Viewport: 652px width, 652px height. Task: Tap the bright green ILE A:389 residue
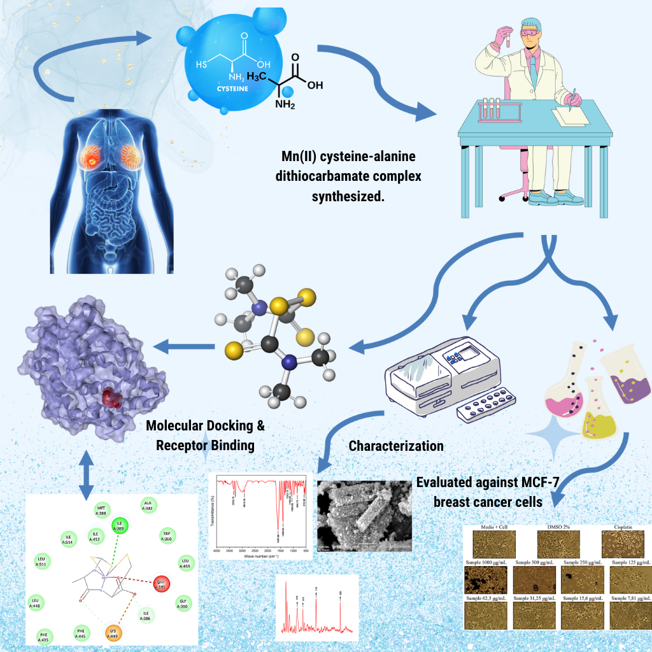[x=118, y=526]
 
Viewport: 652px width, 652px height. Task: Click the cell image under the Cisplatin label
[x=622, y=545]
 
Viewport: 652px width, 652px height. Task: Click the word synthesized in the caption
[x=348, y=195]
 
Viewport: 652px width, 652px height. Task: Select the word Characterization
[x=396, y=446]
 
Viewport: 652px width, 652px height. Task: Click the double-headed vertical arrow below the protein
[x=87, y=474]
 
